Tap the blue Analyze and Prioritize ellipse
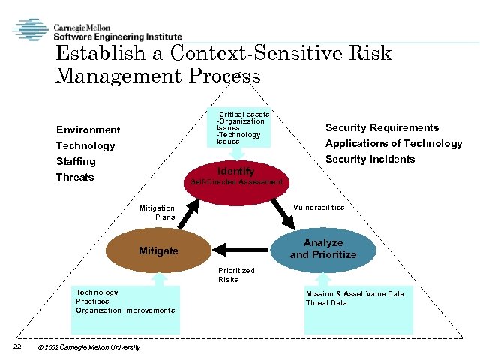[323, 248]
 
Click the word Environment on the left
[88, 130]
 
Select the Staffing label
[76, 161]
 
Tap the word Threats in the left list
[75, 177]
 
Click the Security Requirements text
[382, 127]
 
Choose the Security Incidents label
[370, 159]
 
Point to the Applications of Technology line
[393, 143]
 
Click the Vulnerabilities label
[319, 207]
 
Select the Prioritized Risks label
[236, 274]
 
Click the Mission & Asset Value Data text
[355, 293]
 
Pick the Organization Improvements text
[125, 310]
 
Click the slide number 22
[16, 346]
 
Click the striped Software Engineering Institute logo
[29, 30]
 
